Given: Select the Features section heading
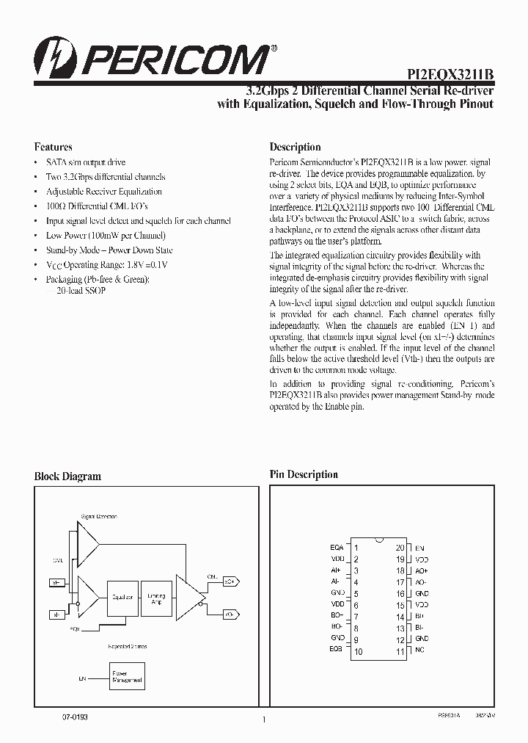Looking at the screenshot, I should pyautogui.click(x=54, y=147).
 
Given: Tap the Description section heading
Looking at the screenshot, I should pyautogui.click(x=295, y=147).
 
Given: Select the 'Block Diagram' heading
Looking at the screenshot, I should pyautogui.click(x=67, y=476).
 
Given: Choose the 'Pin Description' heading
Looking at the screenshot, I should pyautogui.click(x=304, y=475).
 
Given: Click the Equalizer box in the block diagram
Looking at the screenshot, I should pyautogui.click(x=122, y=598).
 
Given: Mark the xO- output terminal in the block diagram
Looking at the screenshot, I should pyautogui.click(x=229, y=613).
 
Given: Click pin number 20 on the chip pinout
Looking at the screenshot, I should pyautogui.click(x=400, y=548).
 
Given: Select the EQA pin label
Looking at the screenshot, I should pyautogui.click(x=337, y=548).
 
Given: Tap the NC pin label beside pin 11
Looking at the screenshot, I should pyautogui.click(x=419, y=650).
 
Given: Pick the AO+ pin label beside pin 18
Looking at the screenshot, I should pyautogui.click(x=421, y=570).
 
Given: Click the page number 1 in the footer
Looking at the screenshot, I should pyautogui.click(x=263, y=720).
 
